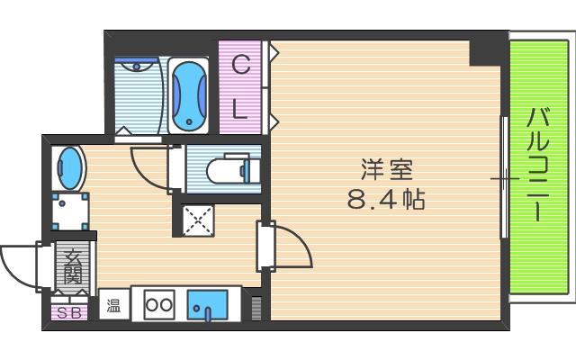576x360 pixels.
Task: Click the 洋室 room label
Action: tap(387, 169)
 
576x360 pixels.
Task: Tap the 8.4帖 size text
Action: tap(386, 200)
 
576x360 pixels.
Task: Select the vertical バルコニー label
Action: tap(538, 166)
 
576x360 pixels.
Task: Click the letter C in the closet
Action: tap(240, 65)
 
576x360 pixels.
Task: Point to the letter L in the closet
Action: tap(240, 109)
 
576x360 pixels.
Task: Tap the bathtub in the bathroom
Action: tap(189, 96)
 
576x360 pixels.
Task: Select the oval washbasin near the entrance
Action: tap(69, 168)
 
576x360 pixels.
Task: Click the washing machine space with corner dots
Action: tap(70, 211)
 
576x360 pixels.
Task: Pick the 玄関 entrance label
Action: tap(73, 267)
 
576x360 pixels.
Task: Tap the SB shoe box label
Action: tap(70, 313)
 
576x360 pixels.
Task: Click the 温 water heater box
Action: tap(114, 304)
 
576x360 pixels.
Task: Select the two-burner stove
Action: tap(159, 304)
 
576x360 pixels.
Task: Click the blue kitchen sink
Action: tap(208, 304)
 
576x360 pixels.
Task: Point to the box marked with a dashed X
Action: tap(198, 220)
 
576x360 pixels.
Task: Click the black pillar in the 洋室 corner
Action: tap(485, 53)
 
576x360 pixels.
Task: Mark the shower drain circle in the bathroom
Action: tap(137, 67)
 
